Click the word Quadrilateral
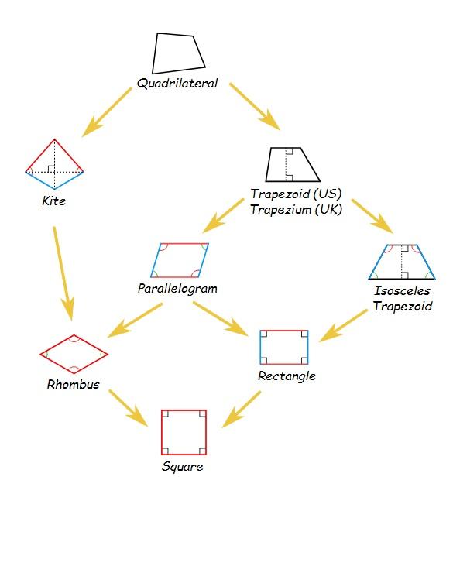177,84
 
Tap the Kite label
54,201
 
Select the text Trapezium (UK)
296,210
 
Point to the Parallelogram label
177,289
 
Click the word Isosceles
402,290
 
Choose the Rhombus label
74,385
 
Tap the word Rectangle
287,376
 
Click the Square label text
182,467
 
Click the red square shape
162,433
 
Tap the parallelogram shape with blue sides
155,260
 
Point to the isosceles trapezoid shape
377,262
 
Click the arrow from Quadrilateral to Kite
107,112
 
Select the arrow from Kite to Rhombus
63,273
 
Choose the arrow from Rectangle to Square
241,410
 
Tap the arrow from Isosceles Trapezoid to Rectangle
343,326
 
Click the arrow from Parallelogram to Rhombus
135,321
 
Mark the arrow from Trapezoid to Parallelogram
223,215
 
